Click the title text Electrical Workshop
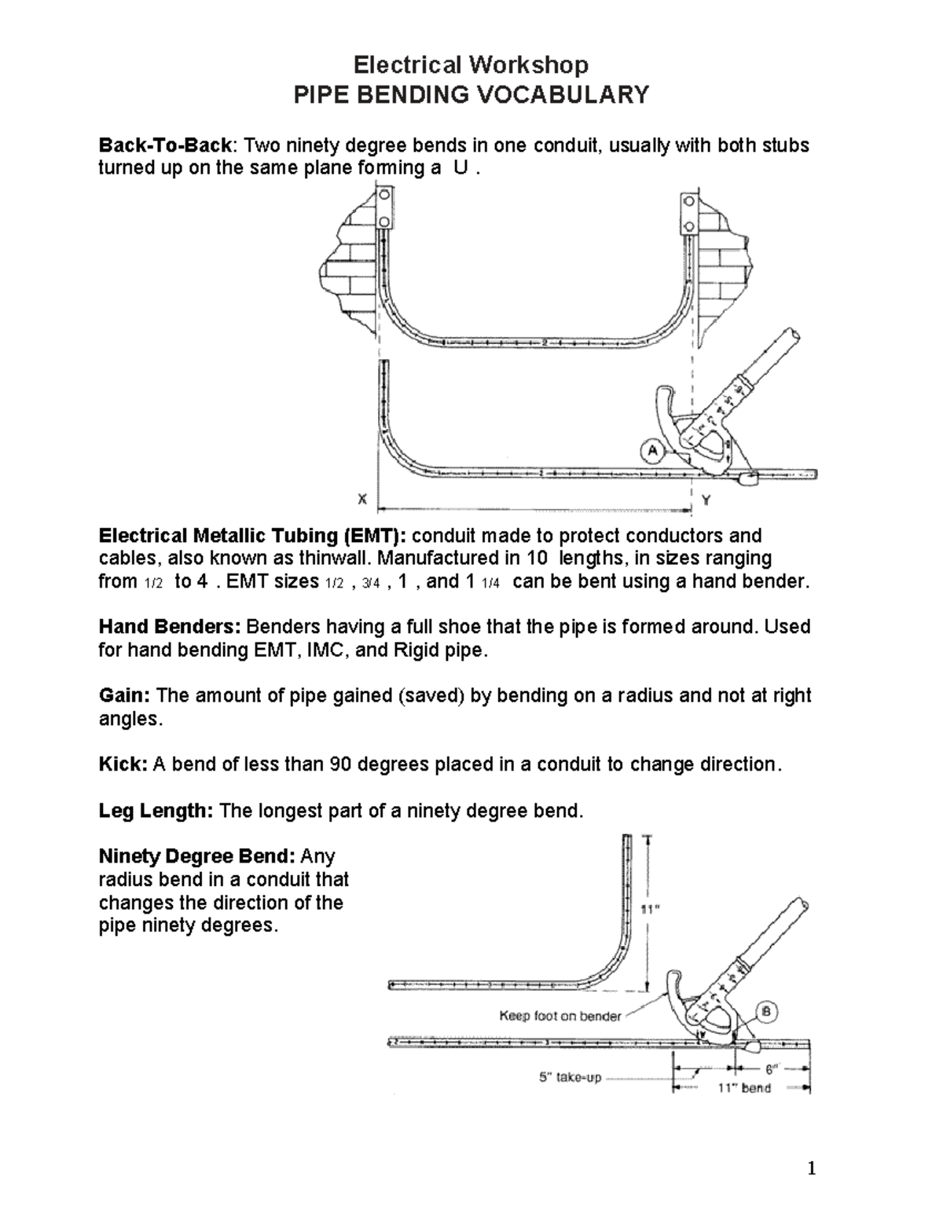471,64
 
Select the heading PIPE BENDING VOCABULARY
471,95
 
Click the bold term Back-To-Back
165,145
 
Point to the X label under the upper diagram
361,499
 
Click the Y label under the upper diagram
706,499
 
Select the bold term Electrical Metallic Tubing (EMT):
252,536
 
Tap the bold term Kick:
123,764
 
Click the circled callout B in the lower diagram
766,1010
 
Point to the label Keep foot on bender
560,1016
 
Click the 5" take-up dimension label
570,1078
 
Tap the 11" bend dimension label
744,1089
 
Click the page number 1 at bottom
813,1170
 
